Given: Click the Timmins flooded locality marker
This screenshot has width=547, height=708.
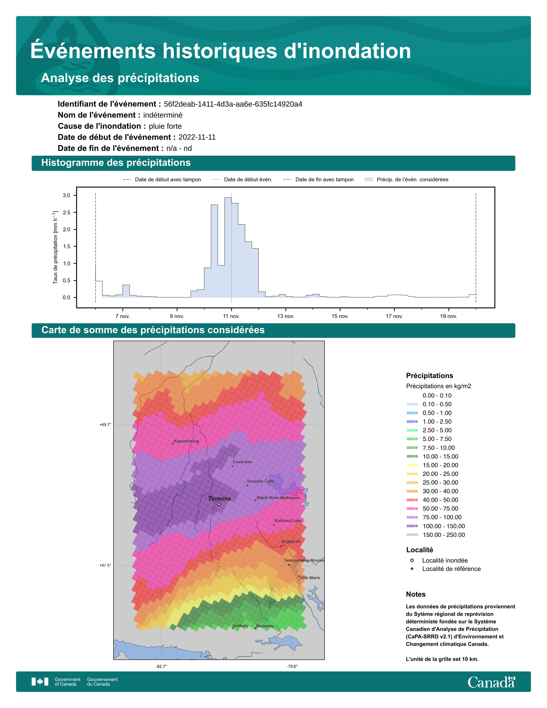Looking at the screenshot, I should point(219,504).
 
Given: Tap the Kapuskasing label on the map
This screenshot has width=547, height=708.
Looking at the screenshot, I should point(186,441).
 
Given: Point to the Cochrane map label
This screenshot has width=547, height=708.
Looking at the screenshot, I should point(242,462).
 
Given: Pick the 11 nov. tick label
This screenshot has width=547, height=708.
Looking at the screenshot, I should point(231,316).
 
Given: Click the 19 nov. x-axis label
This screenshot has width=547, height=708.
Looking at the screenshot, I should point(449,316).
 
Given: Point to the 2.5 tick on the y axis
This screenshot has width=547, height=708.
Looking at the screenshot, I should point(66,212).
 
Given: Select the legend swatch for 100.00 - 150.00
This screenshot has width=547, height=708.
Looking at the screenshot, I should point(412,526).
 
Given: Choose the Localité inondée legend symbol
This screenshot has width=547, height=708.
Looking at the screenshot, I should point(412,560).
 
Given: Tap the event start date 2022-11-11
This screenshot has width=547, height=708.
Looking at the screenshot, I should point(197,137).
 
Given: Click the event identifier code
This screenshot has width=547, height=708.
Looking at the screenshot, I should point(233,104).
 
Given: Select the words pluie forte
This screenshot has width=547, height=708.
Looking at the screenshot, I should point(165,126).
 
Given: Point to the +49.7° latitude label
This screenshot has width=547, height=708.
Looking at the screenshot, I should point(105,425).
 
